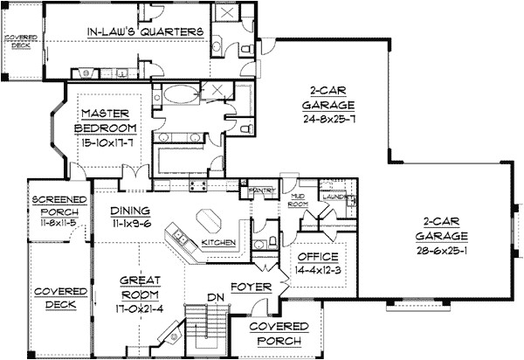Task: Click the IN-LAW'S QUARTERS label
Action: pyautogui.click(x=146, y=32)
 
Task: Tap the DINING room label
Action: pyautogui.click(x=129, y=211)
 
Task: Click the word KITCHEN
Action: pyautogui.click(x=217, y=241)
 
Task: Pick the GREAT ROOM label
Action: pyautogui.click(x=143, y=287)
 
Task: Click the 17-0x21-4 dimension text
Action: pyautogui.click(x=143, y=307)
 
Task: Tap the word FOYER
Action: pyautogui.click(x=251, y=285)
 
